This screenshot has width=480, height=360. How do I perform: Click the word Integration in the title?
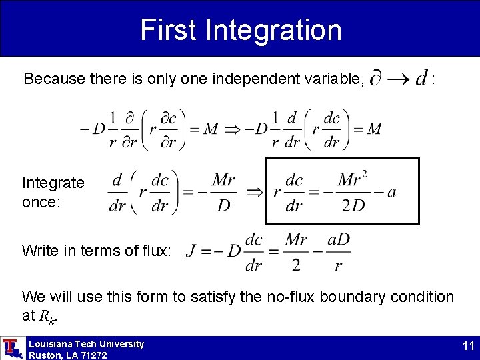tap(274, 30)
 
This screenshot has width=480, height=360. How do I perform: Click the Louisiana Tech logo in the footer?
tap(12, 348)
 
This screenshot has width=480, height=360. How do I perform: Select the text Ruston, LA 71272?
tap(67, 355)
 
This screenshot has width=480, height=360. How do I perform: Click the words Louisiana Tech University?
tap(86, 344)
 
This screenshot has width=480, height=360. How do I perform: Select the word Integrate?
tap(53, 183)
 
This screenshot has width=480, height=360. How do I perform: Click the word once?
tap(41, 201)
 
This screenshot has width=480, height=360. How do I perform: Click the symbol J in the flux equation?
tap(191, 251)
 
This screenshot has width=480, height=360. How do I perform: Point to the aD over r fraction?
tap(339, 251)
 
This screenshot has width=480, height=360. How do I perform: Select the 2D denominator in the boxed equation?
tap(353, 205)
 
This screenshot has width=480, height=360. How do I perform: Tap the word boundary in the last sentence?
tap(335, 297)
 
